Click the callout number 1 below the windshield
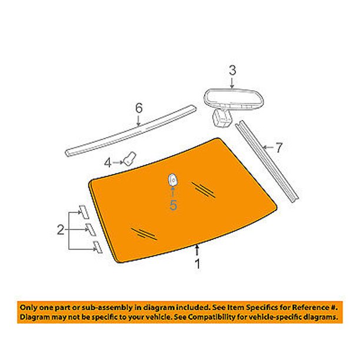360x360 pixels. [x=197, y=264]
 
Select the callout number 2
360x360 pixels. [x=61, y=229]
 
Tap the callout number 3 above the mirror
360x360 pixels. [x=232, y=70]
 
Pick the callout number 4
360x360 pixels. [x=108, y=163]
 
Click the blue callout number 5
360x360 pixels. [x=173, y=205]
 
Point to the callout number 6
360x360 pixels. [x=139, y=108]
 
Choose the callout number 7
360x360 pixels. [x=279, y=148]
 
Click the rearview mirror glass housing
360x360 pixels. [x=234, y=99]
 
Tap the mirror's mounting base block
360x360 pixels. [x=221, y=118]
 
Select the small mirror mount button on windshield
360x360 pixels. [x=173, y=180]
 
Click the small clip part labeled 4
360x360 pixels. [x=130, y=158]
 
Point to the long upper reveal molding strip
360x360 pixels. [x=131, y=131]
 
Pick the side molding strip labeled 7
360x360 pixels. [x=267, y=161]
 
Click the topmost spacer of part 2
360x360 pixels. [x=84, y=212]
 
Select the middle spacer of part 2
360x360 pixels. [x=91, y=229]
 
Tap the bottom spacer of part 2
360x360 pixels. [x=98, y=247]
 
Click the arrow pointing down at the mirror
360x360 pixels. [x=232, y=84]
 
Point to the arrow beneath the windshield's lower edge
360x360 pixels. [x=196, y=251]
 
